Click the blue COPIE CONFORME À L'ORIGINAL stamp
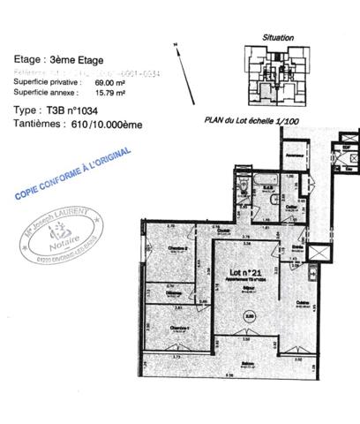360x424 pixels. coord(72,171)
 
